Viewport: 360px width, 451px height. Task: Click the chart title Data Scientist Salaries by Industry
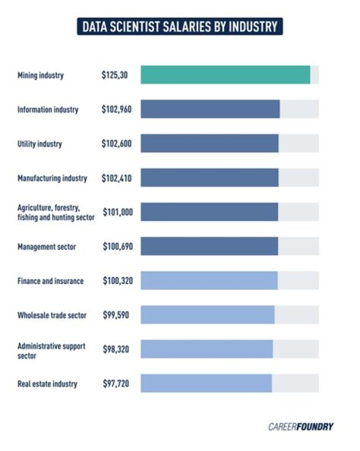[x=180, y=26]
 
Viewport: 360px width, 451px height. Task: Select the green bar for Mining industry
[x=225, y=74]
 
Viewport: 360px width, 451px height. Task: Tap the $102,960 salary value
[x=116, y=109]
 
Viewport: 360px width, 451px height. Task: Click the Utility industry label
[x=39, y=144]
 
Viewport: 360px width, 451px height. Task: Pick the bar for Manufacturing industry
[x=209, y=177]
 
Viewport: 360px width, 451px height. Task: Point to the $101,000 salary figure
[x=118, y=212]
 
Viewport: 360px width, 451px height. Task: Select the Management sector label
[x=46, y=246]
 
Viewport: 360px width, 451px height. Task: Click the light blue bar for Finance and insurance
[x=208, y=280]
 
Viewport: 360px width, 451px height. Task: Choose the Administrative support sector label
[x=51, y=350]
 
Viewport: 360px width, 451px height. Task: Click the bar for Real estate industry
[x=206, y=383]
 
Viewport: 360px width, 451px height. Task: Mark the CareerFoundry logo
[x=300, y=426]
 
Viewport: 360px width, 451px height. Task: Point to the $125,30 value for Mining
[x=114, y=75]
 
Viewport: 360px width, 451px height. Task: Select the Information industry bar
[x=210, y=109]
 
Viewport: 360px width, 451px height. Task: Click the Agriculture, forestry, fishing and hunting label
[x=55, y=212]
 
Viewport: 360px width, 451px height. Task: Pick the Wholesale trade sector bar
[x=207, y=315]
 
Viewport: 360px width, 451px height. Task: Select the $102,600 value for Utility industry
[x=116, y=144]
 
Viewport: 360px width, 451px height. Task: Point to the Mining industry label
[x=40, y=75]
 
